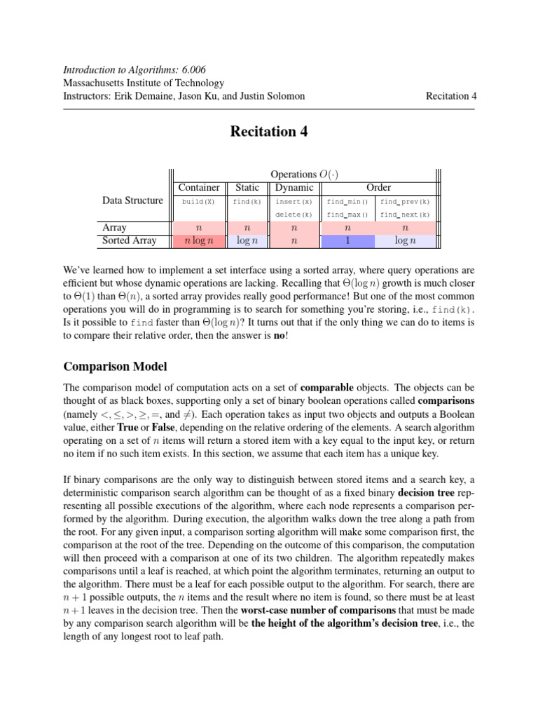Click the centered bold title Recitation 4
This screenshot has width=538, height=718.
coord(269,132)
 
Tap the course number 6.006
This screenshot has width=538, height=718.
coord(190,70)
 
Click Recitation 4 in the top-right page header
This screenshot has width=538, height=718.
coord(450,96)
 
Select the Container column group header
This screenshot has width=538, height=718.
coord(199,187)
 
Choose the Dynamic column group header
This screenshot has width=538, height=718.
coord(294,187)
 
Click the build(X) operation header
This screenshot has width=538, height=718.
coord(199,201)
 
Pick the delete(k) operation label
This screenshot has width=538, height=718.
coord(294,215)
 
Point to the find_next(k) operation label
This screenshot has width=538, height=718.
coord(404,215)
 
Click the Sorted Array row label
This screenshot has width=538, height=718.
coord(128,241)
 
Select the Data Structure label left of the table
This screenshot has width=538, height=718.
coord(132,201)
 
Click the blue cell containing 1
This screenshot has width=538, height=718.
coord(347,241)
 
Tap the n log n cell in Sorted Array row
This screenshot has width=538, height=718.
coord(199,241)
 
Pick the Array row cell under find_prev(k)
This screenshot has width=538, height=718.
coord(404,228)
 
